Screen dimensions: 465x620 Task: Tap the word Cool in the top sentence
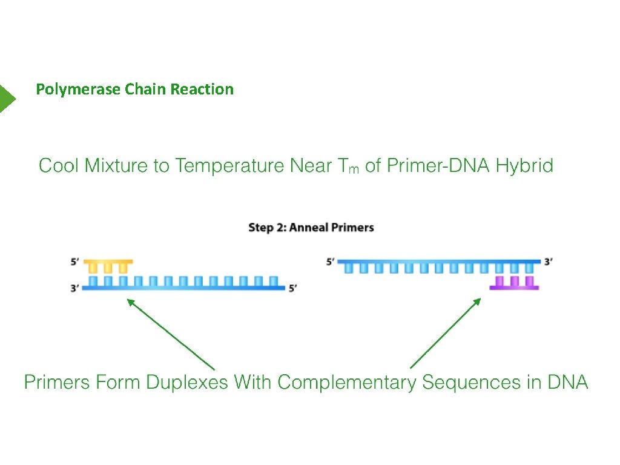[x=59, y=165]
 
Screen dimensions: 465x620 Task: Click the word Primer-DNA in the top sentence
[x=438, y=165]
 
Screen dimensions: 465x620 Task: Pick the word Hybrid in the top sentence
[x=524, y=166]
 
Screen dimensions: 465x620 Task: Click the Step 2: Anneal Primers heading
[x=311, y=228]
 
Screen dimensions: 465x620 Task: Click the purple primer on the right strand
[x=514, y=283]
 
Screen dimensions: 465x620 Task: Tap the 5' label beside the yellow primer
[x=74, y=262]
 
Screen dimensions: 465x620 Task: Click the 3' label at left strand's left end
[x=74, y=288]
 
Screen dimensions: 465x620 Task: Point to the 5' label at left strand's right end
[x=292, y=288]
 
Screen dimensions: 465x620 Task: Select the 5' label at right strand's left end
[x=330, y=262]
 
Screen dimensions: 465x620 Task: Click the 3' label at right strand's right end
[x=548, y=262]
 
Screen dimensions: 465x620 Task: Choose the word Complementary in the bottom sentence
[x=347, y=383]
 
